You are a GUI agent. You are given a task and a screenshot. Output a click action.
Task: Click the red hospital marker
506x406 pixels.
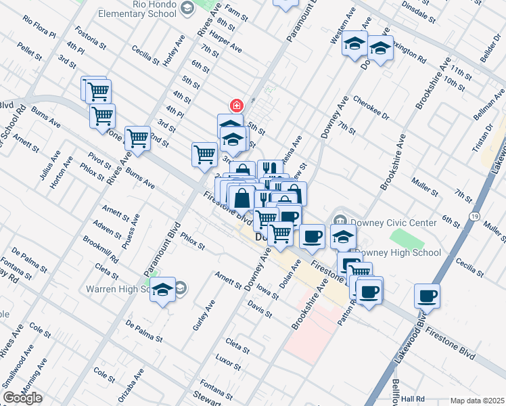pyautogui.click(x=236, y=105)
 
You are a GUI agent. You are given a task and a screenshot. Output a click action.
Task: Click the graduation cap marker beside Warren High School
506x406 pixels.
pyautogui.click(x=162, y=290)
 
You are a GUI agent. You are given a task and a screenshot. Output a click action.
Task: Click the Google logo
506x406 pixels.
pyautogui.click(x=22, y=398)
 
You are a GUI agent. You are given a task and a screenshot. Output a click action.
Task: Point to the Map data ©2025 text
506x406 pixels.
pyautogui.click(x=476, y=401)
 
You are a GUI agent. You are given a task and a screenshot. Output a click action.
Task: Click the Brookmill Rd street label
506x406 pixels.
pyautogui.click(x=101, y=250)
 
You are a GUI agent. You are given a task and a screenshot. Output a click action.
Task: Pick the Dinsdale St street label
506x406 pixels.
pyautogui.click(x=418, y=8)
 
